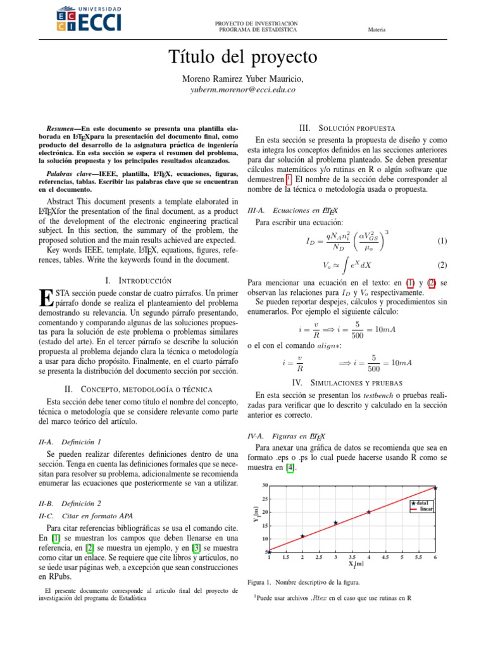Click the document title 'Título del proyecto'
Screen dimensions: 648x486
[x=243, y=57]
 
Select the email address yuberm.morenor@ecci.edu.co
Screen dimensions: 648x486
[x=243, y=90]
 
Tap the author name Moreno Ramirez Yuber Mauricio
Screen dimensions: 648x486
[x=243, y=78]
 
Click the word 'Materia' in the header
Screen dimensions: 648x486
[x=377, y=29]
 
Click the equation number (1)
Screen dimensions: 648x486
[x=442, y=241]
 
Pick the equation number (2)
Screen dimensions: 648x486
[x=442, y=265]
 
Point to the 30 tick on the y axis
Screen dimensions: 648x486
[x=265, y=485]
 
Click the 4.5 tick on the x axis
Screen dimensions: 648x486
[x=385, y=558]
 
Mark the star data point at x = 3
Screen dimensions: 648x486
[x=335, y=523]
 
